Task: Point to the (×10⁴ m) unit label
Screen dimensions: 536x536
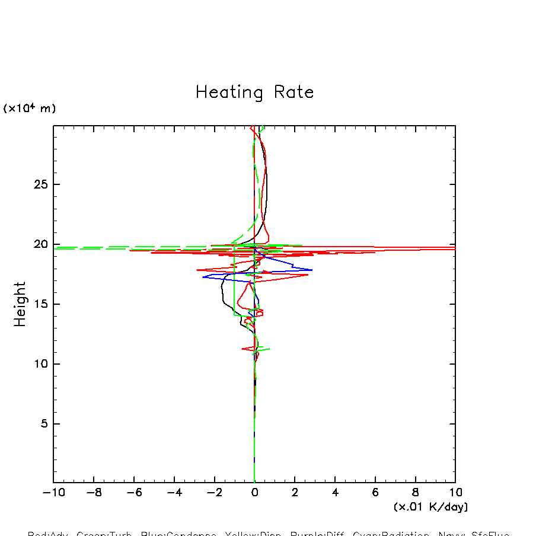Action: (30, 109)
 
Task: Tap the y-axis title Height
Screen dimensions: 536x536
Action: (21, 304)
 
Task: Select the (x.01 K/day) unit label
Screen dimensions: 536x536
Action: (430, 507)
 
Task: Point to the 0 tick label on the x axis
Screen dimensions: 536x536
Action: (254, 492)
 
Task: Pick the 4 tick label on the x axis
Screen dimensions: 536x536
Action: (335, 492)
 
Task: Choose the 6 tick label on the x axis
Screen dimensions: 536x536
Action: (375, 492)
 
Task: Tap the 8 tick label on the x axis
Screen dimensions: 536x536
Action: (415, 492)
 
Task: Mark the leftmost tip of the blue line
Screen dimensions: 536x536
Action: (202, 277)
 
